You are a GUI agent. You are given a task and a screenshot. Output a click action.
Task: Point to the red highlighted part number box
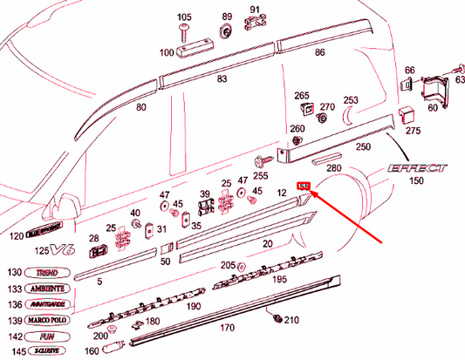tap(304, 186)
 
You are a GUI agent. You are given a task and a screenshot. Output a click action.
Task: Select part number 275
tap(412, 131)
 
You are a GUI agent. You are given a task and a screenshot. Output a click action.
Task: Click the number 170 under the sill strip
tap(227, 328)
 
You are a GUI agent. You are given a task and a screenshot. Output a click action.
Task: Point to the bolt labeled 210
tap(276, 316)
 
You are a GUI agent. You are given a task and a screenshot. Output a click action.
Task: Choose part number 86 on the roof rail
tap(320, 53)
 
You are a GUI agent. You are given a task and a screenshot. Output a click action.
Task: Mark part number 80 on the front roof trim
tap(142, 108)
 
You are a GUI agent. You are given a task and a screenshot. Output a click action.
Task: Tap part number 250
tap(363, 148)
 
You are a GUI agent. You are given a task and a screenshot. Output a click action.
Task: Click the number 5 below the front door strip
tap(100, 282)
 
